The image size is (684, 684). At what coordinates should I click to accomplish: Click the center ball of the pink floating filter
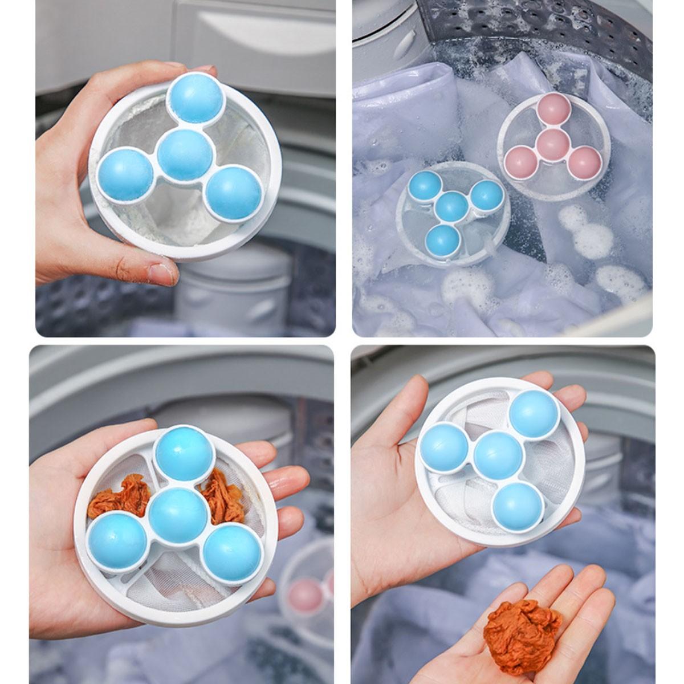click(552, 144)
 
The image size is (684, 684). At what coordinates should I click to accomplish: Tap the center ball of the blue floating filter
click(452, 206)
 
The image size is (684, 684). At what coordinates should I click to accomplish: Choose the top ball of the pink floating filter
click(554, 109)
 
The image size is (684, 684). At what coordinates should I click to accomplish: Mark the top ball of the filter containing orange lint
click(184, 454)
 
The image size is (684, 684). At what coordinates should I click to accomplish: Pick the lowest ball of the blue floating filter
click(442, 241)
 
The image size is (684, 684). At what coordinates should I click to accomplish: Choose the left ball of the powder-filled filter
click(125, 174)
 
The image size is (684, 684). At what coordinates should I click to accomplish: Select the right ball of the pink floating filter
click(584, 162)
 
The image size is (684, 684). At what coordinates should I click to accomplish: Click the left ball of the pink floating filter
click(521, 160)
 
